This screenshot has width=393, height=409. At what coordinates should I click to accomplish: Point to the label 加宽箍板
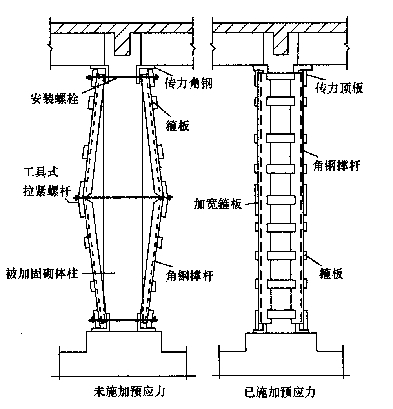[218, 204]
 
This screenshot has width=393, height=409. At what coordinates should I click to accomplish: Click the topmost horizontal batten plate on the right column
[280, 101]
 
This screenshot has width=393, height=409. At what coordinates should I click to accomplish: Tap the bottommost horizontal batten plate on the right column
[280, 314]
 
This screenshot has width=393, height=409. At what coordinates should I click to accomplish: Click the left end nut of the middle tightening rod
[76, 197]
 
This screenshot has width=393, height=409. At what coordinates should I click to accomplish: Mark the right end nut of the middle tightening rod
[169, 197]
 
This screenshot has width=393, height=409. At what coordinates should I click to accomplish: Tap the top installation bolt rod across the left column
[122, 78]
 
